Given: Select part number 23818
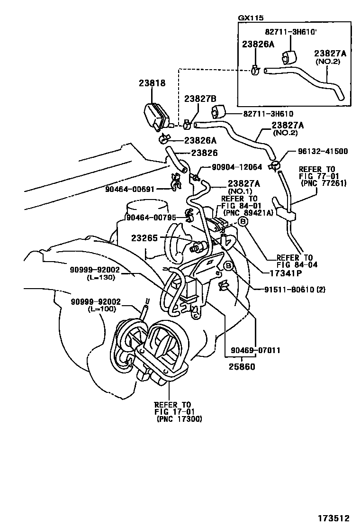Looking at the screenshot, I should (x=152, y=83).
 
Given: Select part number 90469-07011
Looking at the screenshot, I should (x=256, y=351).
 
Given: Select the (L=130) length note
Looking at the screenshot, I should (x=101, y=277).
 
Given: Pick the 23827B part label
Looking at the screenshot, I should (x=200, y=99).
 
